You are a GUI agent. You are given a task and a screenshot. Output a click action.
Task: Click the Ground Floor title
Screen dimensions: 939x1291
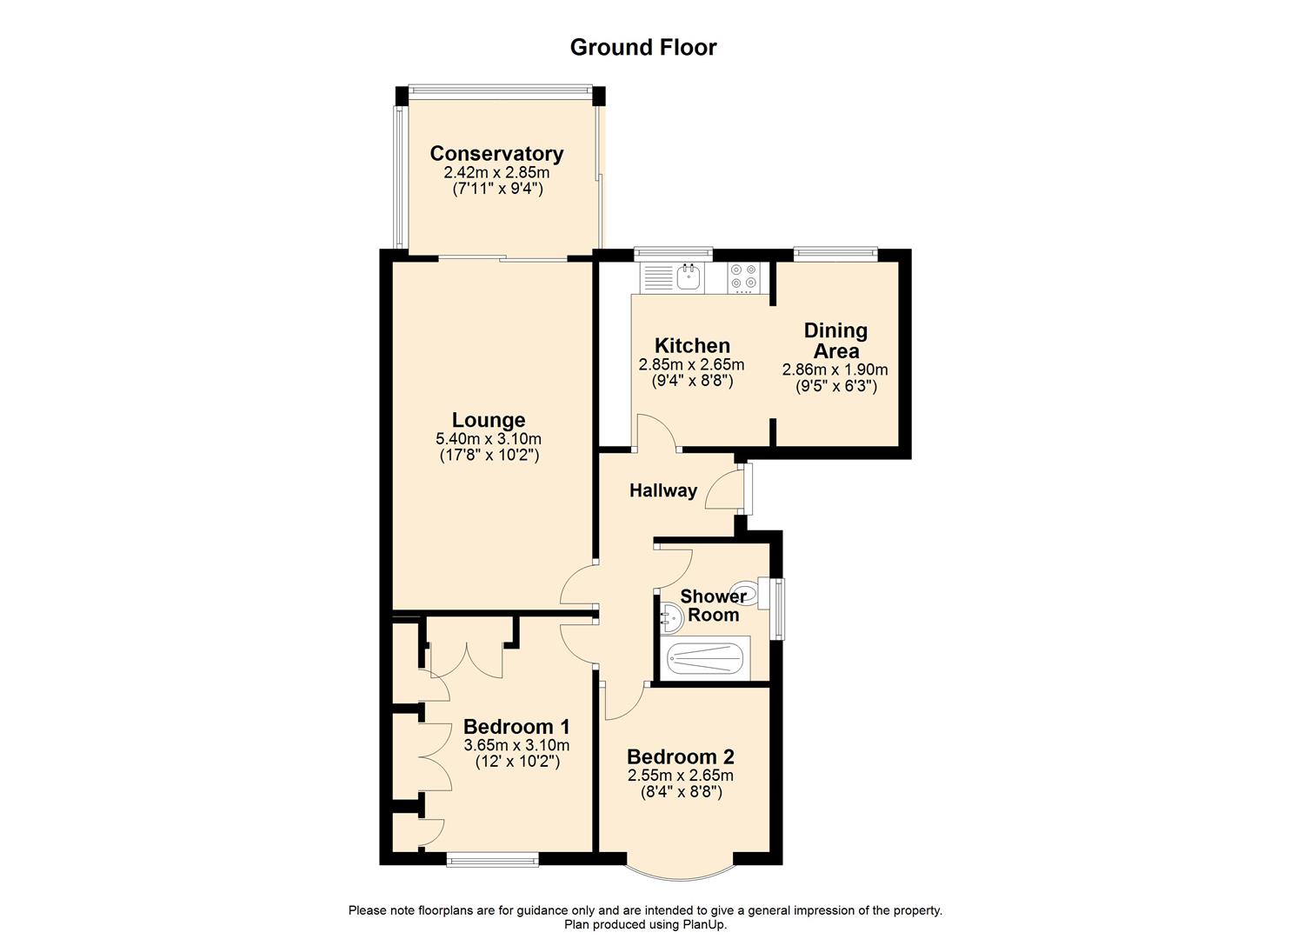(x=642, y=47)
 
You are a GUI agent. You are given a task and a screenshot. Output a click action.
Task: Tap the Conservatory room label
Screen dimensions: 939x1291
(x=496, y=154)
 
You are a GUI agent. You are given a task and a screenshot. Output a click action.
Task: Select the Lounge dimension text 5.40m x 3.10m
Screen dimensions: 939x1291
(x=489, y=439)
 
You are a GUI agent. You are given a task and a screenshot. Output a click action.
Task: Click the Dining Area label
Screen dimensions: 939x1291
(x=835, y=340)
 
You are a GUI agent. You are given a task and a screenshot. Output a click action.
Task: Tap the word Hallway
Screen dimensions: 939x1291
(x=663, y=490)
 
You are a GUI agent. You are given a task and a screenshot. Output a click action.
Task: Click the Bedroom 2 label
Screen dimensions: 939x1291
(x=681, y=756)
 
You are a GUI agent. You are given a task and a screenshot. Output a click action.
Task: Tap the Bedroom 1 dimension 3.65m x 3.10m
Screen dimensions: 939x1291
(x=516, y=745)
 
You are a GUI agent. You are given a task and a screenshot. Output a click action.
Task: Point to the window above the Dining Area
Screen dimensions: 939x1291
(x=835, y=254)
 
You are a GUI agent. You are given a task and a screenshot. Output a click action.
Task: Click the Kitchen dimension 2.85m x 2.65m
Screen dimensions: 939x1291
(x=691, y=364)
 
